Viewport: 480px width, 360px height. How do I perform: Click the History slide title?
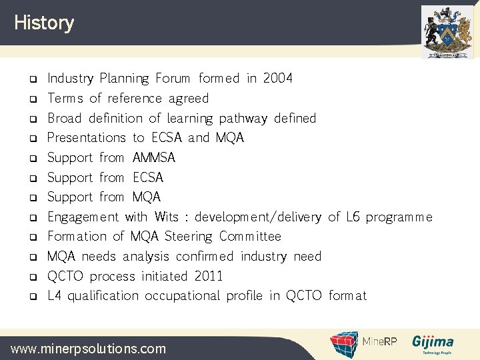tap(44, 23)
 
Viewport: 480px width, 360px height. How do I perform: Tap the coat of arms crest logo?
tap(447, 31)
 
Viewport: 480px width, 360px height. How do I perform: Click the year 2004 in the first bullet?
tap(277, 79)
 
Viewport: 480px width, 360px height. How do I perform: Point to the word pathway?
tap(243, 119)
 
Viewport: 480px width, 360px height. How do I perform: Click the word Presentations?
tap(87, 138)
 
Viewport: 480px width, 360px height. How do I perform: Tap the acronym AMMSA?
tap(154, 158)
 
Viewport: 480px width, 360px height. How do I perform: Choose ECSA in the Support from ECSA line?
tap(148, 178)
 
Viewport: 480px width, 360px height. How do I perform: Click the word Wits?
tap(166, 217)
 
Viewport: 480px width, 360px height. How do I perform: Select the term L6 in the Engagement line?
tap(353, 217)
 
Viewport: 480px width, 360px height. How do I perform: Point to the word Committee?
tap(250, 237)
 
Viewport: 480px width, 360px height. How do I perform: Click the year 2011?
tap(209, 276)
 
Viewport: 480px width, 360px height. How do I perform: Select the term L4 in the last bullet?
tap(55, 296)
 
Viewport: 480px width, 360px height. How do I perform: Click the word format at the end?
tap(347, 296)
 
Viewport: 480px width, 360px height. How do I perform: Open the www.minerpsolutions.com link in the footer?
tap(88, 348)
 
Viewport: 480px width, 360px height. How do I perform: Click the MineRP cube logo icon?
tap(345, 344)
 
